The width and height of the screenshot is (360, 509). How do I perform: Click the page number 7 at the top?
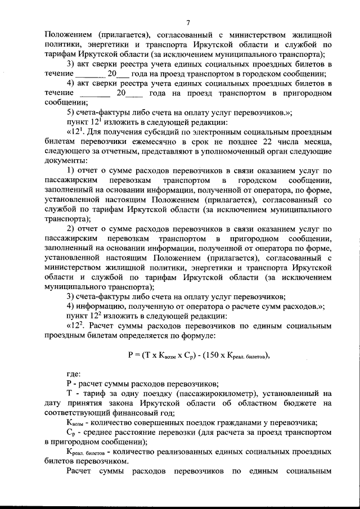point(188,22)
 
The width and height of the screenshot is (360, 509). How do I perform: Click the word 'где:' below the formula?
point(74,373)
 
